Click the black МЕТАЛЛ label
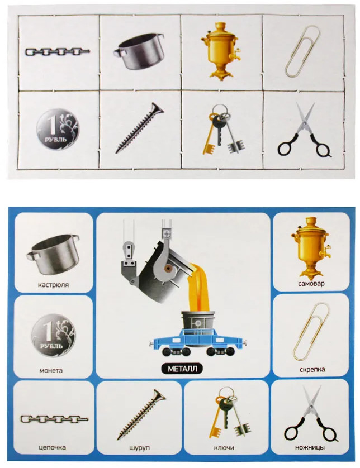coord(182,369)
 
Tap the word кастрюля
coord(53,285)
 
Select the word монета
coord(51,370)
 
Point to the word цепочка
coord(53,447)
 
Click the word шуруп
coord(140,448)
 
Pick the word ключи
coord(224,448)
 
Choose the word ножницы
coord(310,447)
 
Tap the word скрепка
coord(312,370)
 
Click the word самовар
coord(311,283)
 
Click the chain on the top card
coord(58,52)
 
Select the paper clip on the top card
coord(302,51)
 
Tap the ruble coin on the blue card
coord(54,336)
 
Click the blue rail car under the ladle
coord(198,342)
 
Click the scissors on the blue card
coord(311,414)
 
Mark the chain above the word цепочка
coord(54,419)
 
